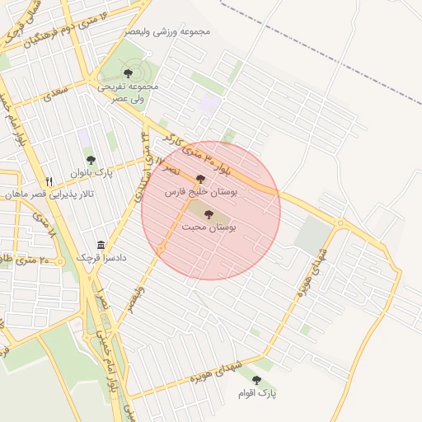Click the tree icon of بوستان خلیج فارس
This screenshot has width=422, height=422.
[200, 179]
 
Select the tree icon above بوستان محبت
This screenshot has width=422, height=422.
[207, 213]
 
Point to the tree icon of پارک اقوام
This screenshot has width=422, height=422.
[256, 380]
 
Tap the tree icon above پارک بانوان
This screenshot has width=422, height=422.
[91, 160]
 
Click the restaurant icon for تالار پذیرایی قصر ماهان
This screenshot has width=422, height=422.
[49, 181]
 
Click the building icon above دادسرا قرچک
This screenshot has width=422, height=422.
[101, 246]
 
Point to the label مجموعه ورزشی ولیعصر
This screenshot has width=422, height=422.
[168, 31]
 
